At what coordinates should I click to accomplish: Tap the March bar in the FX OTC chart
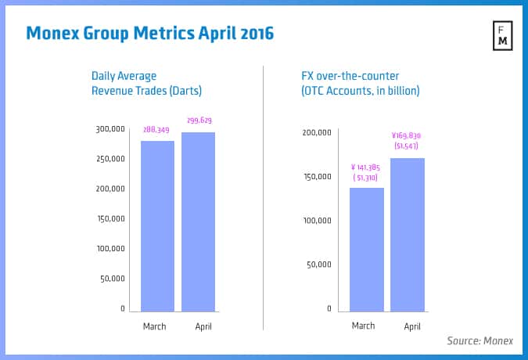[x=367, y=249]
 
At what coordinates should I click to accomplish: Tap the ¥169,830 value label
[x=407, y=135]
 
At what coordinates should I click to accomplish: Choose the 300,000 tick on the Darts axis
[x=110, y=129]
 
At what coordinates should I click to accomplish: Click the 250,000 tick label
[x=110, y=159]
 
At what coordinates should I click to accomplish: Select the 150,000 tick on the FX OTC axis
[x=318, y=177]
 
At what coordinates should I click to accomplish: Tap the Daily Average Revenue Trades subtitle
[x=147, y=83]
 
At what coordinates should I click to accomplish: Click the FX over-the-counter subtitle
[x=360, y=83]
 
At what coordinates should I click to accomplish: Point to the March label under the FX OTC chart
[x=366, y=326]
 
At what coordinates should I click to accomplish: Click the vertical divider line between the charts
[x=264, y=196]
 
